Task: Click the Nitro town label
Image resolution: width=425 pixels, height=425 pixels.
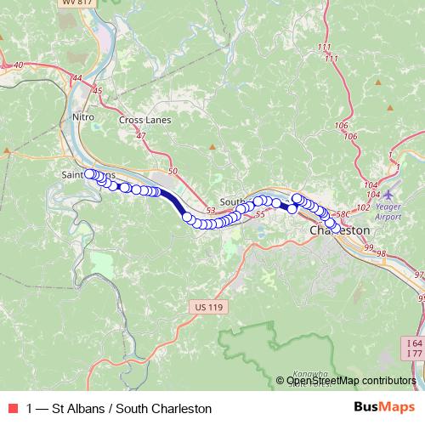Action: (x=83, y=116)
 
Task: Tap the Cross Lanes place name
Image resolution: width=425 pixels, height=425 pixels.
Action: (x=144, y=120)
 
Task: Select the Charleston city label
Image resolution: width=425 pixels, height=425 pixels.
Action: (x=340, y=229)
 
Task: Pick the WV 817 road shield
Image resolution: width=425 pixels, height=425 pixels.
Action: (x=76, y=3)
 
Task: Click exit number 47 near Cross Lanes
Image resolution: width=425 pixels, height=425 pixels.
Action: (x=140, y=135)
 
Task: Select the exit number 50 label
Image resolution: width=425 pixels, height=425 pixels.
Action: (x=173, y=173)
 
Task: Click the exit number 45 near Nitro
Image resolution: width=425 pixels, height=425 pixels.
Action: (x=96, y=90)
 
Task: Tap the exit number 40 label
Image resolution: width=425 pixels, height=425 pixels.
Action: (x=19, y=65)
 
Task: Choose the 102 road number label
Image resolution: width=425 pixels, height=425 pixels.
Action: (x=363, y=207)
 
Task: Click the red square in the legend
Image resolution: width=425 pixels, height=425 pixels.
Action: (x=12, y=409)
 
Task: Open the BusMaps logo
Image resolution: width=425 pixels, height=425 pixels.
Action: (x=386, y=408)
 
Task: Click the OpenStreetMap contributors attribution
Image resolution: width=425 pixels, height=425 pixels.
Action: (x=351, y=381)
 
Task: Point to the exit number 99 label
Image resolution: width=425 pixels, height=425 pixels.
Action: (x=369, y=246)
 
